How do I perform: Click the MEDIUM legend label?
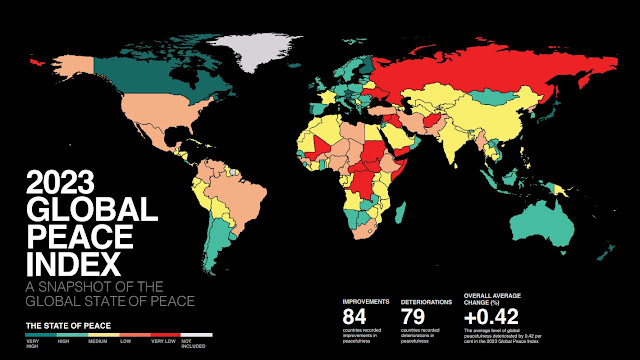click(99, 343)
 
